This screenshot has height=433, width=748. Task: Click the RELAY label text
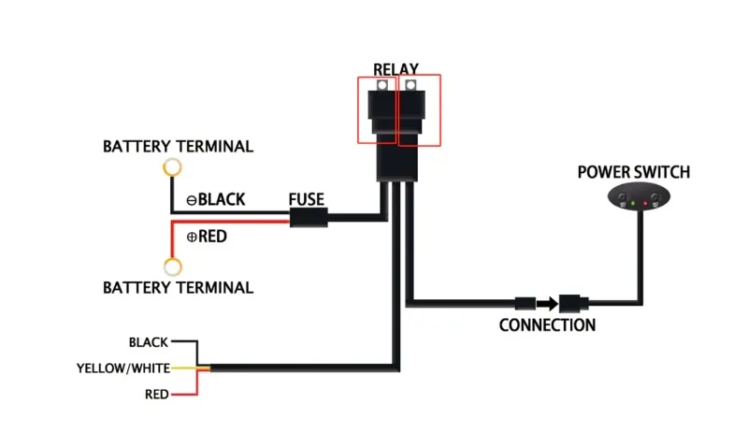click(x=396, y=69)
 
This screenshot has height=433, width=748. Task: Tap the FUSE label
click(x=307, y=199)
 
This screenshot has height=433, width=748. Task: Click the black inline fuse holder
click(x=308, y=219)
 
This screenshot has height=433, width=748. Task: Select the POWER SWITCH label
click(x=634, y=172)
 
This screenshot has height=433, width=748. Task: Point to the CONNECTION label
click(x=547, y=325)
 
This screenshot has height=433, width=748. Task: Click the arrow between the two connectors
click(x=547, y=303)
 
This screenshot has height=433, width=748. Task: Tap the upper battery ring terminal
click(x=172, y=168)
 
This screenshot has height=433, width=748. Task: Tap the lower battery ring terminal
click(x=172, y=266)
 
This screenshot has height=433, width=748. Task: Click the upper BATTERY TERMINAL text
click(x=178, y=147)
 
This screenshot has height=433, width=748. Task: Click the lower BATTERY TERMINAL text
click(x=178, y=287)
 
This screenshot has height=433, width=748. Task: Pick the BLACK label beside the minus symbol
click(x=222, y=199)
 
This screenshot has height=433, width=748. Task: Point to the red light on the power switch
click(x=645, y=203)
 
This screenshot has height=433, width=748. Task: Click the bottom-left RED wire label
click(x=157, y=395)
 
